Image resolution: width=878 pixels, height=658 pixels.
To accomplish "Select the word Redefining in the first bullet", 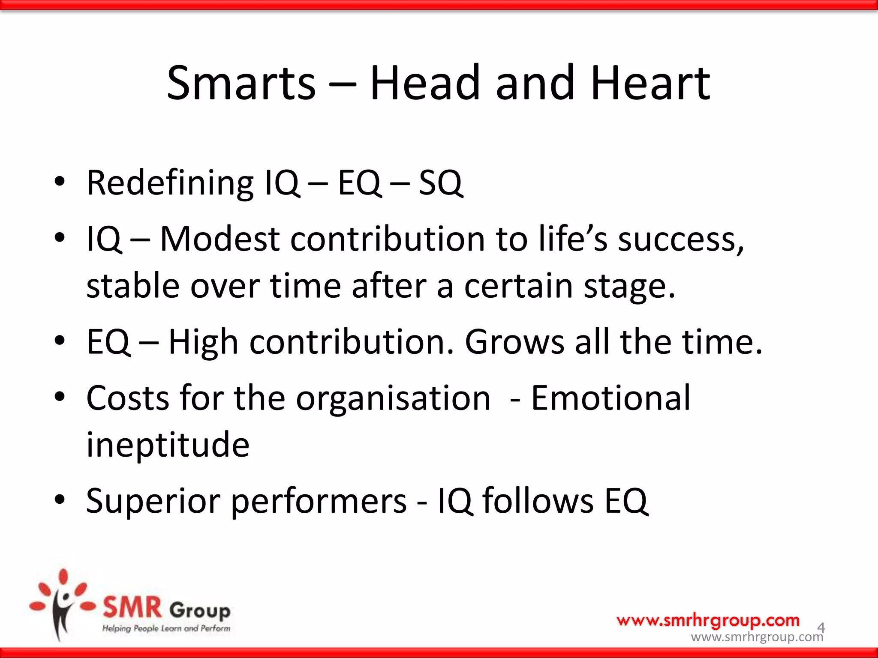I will (170, 183).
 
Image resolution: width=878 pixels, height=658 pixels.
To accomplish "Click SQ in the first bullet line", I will (440, 183).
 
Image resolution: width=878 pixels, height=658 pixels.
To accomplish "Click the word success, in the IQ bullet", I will (681, 239).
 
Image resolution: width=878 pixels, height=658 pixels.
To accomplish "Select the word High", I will (203, 342).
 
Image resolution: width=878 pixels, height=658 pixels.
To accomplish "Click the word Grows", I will (514, 342).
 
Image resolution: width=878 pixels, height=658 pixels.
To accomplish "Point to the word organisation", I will (393, 399).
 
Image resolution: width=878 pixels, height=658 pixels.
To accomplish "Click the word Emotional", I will (610, 398).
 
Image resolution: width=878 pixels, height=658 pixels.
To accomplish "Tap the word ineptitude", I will (168, 446).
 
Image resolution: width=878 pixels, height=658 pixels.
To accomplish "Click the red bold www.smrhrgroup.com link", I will (708, 620).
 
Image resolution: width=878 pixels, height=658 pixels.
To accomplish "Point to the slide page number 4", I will (821, 628).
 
